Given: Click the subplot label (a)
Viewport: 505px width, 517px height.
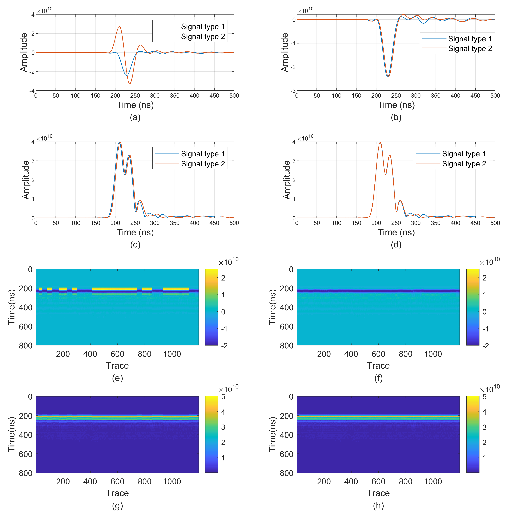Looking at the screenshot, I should (135, 117).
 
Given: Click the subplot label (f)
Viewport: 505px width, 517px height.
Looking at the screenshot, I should (378, 378).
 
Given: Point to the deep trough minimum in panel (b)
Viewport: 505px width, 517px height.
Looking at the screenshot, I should (388, 76).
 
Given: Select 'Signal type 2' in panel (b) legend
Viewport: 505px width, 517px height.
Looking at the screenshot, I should (470, 48).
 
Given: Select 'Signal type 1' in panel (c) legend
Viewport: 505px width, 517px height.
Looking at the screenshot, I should (203, 154).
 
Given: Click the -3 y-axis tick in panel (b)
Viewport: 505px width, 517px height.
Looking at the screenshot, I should (293, 91).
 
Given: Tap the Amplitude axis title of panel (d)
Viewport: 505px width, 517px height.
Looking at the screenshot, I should (286, 180).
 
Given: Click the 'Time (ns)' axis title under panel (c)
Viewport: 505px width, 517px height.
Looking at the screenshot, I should (135, 232).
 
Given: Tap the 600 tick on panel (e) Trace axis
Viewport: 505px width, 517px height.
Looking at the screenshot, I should (117, 354).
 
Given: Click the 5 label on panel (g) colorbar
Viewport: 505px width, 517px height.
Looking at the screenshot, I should (223, 397).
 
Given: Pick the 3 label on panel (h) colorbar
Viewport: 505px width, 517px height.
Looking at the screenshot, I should (484, 427).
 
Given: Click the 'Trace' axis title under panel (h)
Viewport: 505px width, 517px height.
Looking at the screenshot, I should (378, 493).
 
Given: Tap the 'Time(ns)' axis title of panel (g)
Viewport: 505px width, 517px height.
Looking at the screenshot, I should (11, 434).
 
